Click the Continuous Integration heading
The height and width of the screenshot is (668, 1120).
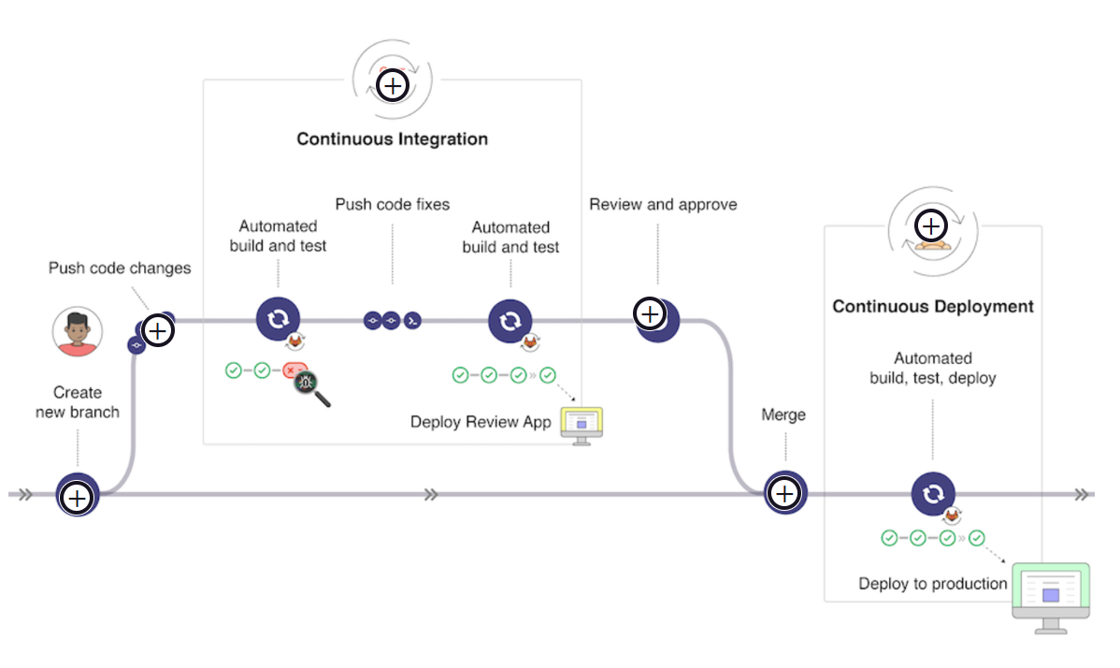[x=392, y=139]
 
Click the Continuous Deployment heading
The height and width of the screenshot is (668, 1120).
[x=932, y=307]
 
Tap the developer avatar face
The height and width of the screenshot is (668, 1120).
[x=78, y=332]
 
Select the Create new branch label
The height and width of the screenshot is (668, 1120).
[x=78, y=402]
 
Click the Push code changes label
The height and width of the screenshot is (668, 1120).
[x=120, y=269]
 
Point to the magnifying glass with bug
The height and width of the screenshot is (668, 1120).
[x=311, y=386]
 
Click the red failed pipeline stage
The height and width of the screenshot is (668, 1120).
[x=294, y=371]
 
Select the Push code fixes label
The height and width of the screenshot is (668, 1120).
[x=392, y=204]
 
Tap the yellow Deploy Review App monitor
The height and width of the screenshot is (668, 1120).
[x=582, y=424]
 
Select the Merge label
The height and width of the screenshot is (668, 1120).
[x=783, y=414]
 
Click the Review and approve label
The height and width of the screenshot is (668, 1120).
[x=663, y=204]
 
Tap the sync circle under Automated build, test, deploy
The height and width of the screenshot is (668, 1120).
[x=932, y=495]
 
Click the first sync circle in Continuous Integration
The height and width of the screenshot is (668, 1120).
[x=278, y=319]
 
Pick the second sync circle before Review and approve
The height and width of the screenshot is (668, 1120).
[x=510, y=321]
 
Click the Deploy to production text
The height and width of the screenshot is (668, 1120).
[x=932, y=584]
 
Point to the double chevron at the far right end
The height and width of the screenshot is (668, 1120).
[x=1082, y=495]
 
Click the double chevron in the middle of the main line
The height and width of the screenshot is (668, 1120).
[x=430, y=495]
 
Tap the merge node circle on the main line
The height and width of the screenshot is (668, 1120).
[x=785, y=493]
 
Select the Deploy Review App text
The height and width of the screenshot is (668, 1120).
[x=481, y=422]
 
